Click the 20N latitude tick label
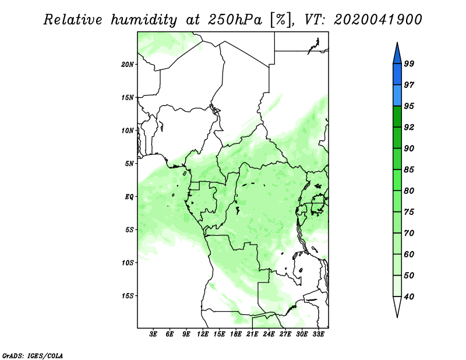pyautogui.click(x=127, y=65)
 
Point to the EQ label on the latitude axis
pyautogui.click(x=129, y=197)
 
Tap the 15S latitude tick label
pyautogui.click(x=127, y=296)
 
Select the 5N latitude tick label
pyautogui.click(x=129, y=164)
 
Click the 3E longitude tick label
pyautogui.click(x=153, y=334)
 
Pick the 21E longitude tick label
pyautogui.click(x=252, y=334)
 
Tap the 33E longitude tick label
pyautogui.click(x=318, y=334)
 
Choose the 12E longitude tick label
pyautogui.click(x=202, y=334)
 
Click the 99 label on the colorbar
pyautogui.click(x=409, y=63)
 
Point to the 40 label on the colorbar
pyautogui.click(x=409, y=297)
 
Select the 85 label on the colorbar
pyautogui.click(x=409, y=170)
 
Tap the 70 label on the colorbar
pyautogui.click(x=409, y=233)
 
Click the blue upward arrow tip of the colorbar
pyautogui.click(x=397, y=43)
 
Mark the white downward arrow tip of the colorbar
pyautogui.click(x=397, y=317)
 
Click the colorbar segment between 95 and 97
pyautogui.click(x=397, y=96)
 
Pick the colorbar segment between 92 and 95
pyautogui.click(x=397, y=117)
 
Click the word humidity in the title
pyautogui.click(x=144, y=20)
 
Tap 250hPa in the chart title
pyautogui.click(x=235, y=20)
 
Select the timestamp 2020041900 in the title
pyautogui.click(x=377, y=20)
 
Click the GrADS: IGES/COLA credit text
pyautogui.click(x=33, y=355)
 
